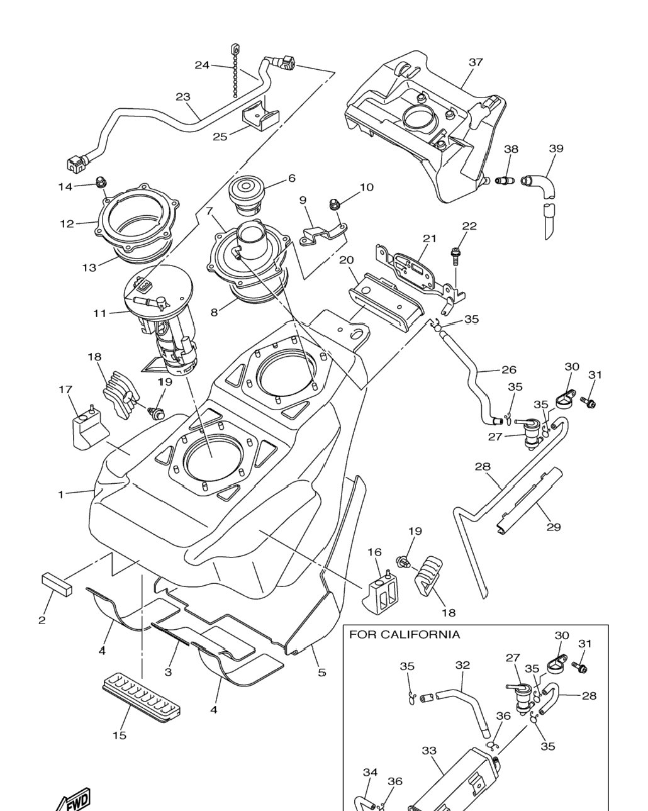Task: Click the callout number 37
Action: tap(476, 62)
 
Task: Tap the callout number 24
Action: tap(202, 65)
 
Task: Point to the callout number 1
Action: tap(61, 495)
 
